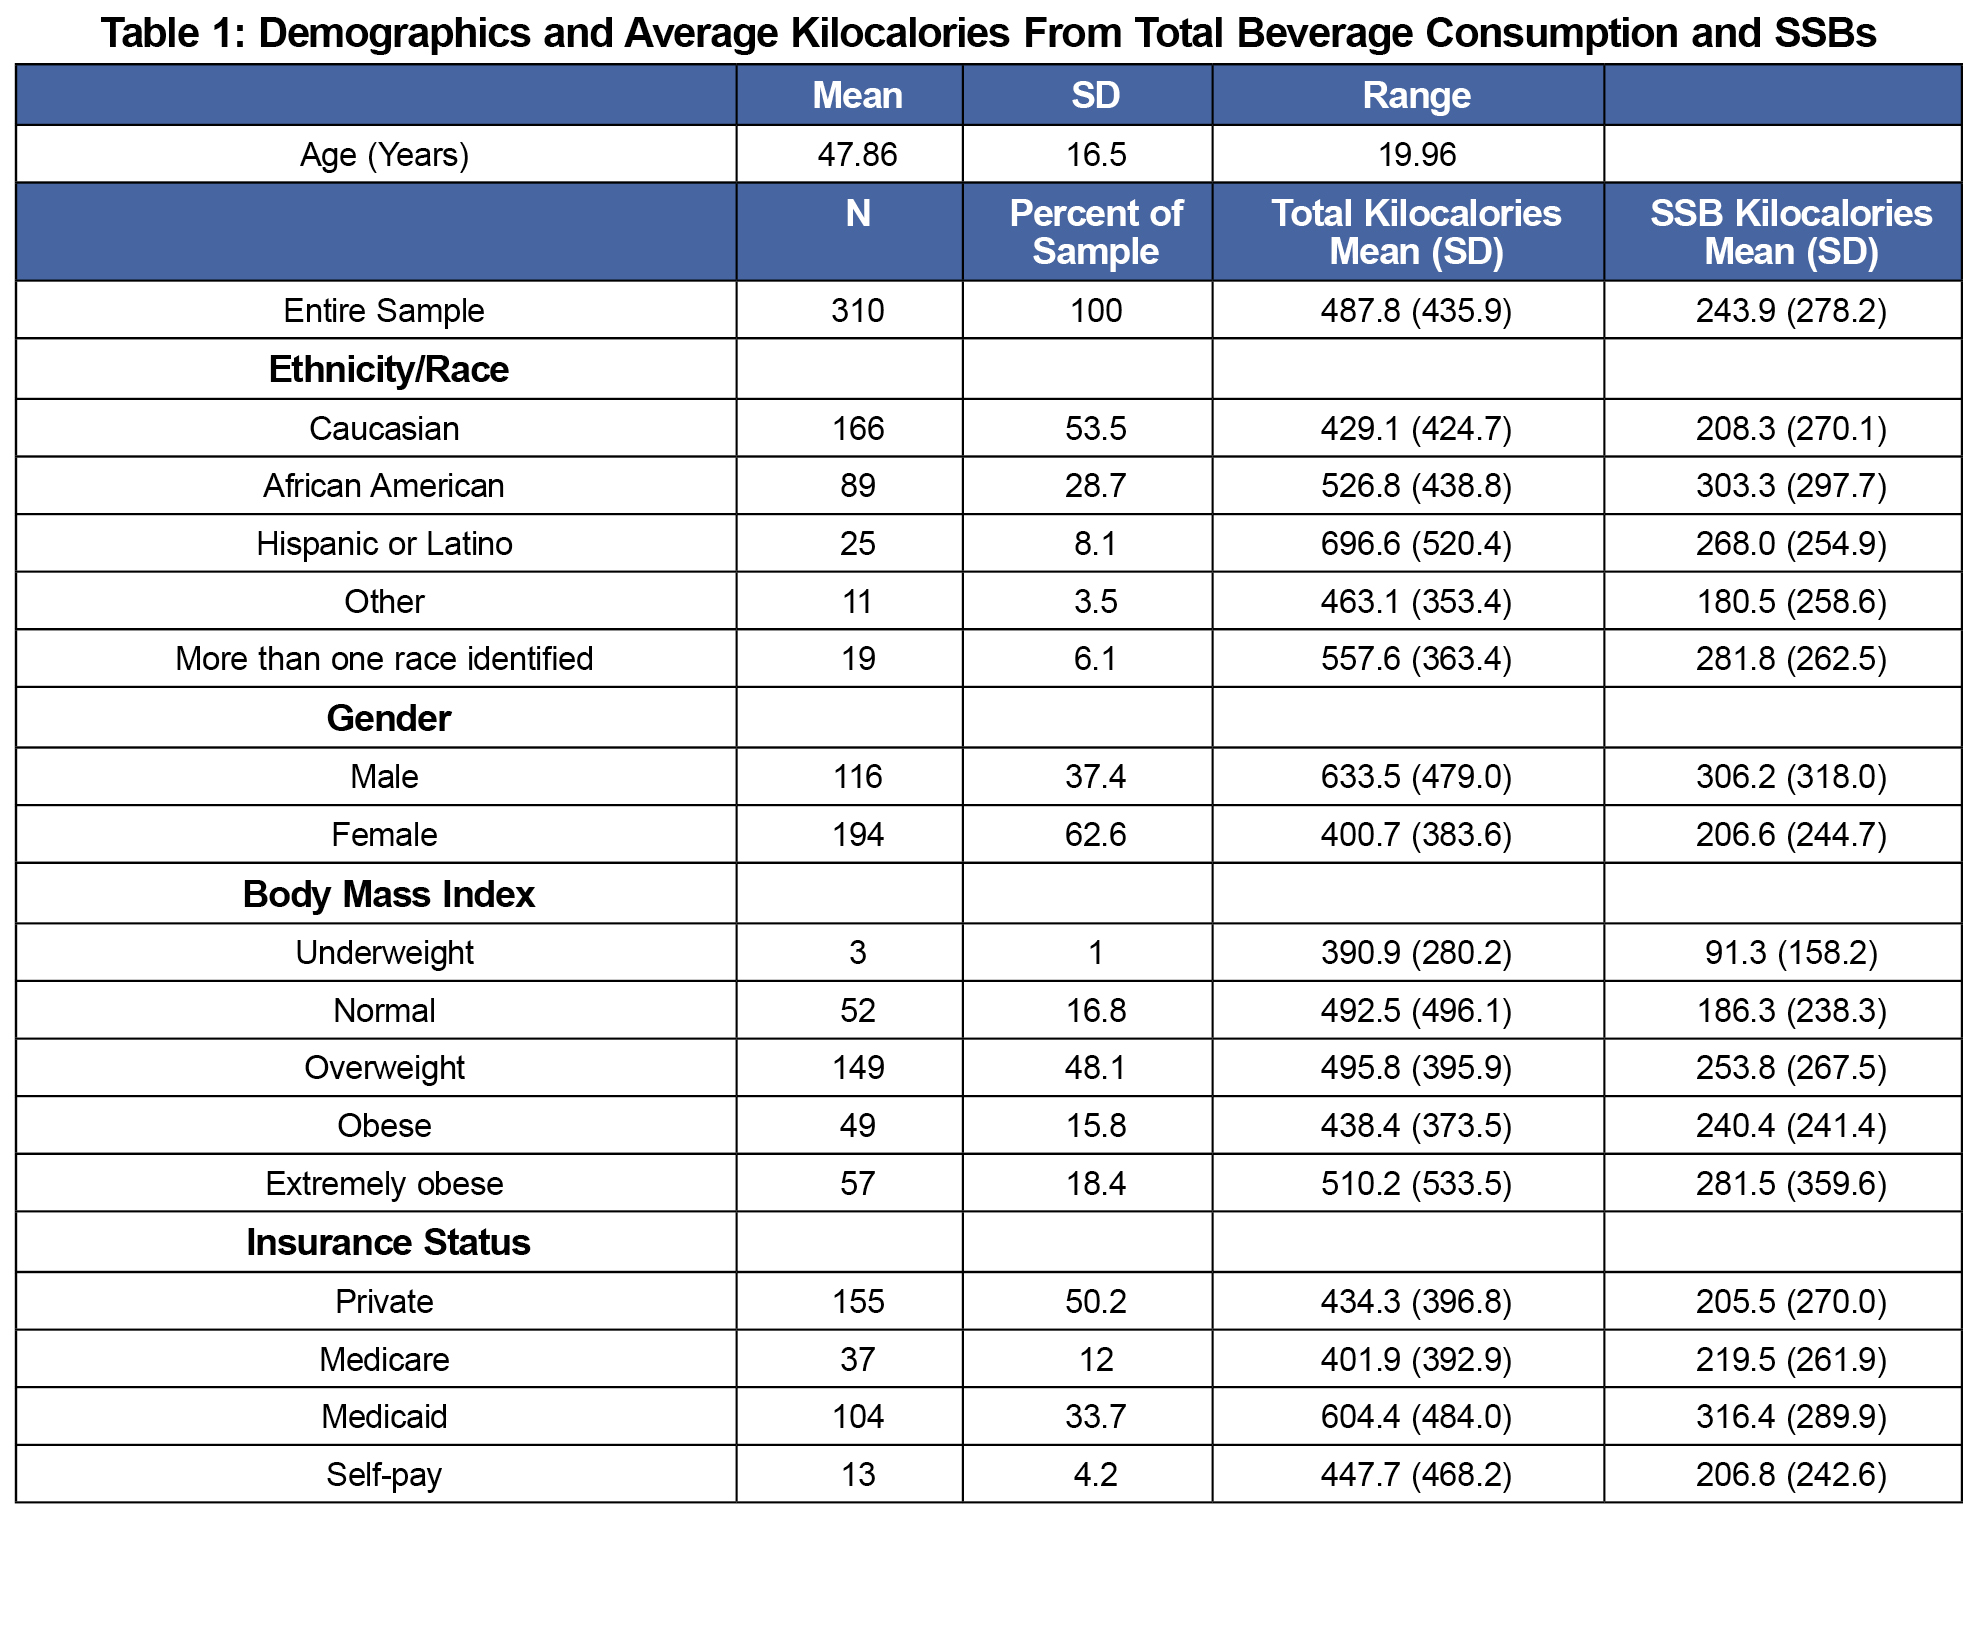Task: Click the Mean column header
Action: coord(857,96)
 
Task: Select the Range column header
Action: coord(1416,96)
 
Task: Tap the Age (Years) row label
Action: coord(384,155)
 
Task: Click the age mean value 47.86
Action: coord(857,155)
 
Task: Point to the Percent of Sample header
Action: coord(1096,232)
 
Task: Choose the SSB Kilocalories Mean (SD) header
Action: coord(1791,232)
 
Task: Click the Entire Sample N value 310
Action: coord(857,311)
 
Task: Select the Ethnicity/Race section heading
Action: coord(388,370)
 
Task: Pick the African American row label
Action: coord(384,486)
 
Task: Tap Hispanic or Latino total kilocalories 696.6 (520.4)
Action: coord(1416,544)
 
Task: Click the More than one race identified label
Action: coord(384,659)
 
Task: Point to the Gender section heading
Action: coord(388,719)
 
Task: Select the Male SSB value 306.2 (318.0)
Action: coord(1791,777)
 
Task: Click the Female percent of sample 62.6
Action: coord(1096,835)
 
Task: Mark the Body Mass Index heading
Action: coord(388,895)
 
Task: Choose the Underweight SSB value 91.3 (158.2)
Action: coord(1791,953)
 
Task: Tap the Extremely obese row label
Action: coord(384,1184)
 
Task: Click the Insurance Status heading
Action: coord(388,1243)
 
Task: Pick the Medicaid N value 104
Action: coord(857,1417)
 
